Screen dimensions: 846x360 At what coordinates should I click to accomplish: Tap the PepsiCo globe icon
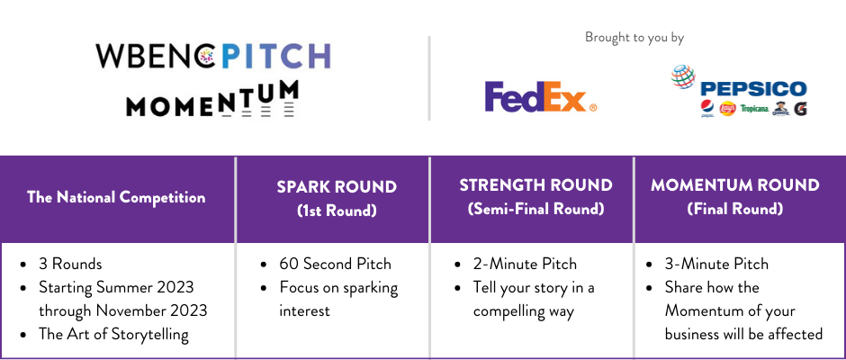tap(683, 76)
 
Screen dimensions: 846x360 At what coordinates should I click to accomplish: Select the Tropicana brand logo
tap(754, 109)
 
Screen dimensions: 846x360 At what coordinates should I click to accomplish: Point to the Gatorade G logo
tap(800, 109)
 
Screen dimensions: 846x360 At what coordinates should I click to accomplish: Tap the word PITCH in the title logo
tap(276, 56)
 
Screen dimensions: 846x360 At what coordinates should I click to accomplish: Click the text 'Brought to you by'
tap(634, 37)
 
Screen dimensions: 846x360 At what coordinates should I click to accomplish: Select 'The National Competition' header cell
tap(116, 197)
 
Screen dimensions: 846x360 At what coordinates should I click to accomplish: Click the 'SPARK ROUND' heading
tap(337, 186)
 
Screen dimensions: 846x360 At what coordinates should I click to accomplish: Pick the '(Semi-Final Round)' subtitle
tap(535, 209)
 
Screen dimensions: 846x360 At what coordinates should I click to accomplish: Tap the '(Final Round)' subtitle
tap(735, 209)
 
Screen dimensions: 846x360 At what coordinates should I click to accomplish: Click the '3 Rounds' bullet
tap(70, 264)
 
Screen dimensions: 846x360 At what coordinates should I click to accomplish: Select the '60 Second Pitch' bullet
tap(335, 264)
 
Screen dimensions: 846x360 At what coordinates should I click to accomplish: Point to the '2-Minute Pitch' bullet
tap(525, 264)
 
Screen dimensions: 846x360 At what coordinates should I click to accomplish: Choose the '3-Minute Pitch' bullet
tap(716, 264)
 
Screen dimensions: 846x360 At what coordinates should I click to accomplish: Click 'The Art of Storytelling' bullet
tap(113, 335)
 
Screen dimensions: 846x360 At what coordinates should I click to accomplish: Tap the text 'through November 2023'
tap(123, 310)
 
